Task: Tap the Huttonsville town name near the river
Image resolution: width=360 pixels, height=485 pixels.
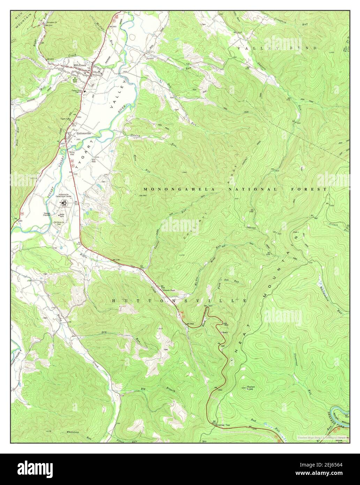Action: pos(84,133)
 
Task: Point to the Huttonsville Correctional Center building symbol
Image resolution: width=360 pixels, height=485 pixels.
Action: pos(64,203)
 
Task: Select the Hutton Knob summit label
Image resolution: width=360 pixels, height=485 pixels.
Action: pos(251,387)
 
